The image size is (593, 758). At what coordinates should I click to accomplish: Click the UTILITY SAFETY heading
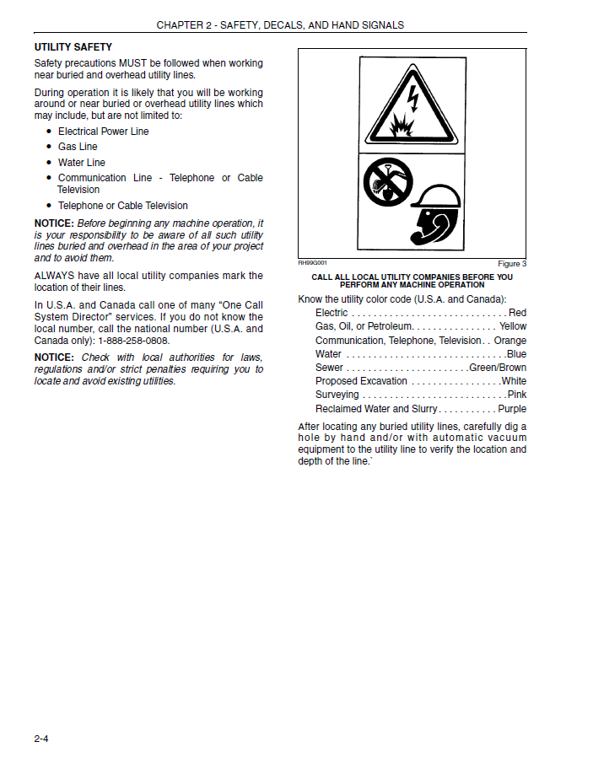point(73,47)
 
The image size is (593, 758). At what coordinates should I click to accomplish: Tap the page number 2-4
point(42,739)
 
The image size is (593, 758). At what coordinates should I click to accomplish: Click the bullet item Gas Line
point(78,147)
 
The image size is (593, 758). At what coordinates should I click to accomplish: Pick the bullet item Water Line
point(81,163)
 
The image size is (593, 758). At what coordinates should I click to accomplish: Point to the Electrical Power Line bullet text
point(103,132)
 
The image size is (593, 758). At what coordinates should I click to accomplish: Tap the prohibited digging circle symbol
point(387,185)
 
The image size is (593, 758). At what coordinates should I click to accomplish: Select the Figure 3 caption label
point(511,264)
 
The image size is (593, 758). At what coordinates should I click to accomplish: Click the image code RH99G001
point(312,262)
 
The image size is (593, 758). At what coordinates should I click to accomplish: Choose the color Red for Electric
point(517,313)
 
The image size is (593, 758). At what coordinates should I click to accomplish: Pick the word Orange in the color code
point(509,341)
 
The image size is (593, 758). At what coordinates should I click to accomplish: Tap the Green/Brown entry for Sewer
point(498,368)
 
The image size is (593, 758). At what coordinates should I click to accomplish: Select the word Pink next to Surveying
point(516,395)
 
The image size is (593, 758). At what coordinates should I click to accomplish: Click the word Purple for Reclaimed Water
point(511,409)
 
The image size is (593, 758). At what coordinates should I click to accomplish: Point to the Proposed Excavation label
point(361,381)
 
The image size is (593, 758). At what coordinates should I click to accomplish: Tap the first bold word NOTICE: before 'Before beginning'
point(54,223)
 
